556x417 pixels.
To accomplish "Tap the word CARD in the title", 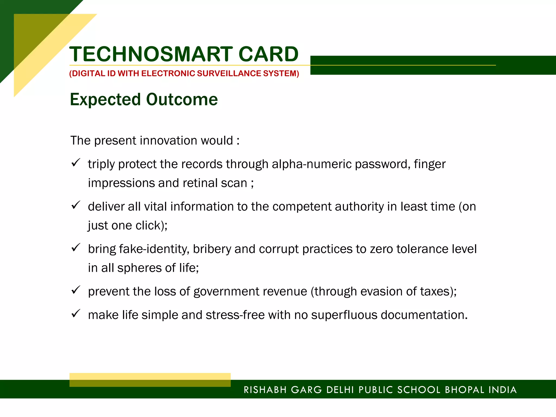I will point(268,54).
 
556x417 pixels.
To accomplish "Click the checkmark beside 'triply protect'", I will point(75,163).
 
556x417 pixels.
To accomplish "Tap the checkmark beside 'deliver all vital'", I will point(75,205).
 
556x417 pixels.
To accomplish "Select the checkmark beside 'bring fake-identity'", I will point(75,247).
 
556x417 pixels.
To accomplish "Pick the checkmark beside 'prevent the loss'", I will point(75,290).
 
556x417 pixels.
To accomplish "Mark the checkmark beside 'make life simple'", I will point(75,314).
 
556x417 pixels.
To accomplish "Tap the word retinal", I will point(200,183).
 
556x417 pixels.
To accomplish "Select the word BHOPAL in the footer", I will point(465,390).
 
